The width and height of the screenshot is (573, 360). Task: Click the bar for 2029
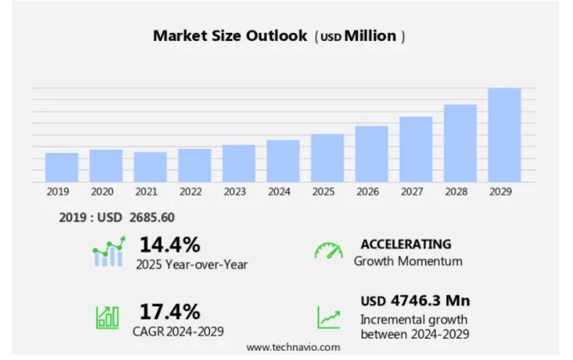(505, 135)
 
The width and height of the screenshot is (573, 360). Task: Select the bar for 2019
(62, 167)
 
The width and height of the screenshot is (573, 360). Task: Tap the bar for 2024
(283, 161)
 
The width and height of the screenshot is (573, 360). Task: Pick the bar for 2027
(416, 149)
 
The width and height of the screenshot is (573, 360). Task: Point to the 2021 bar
(150, 167)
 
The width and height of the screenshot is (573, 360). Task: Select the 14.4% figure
(169, 245)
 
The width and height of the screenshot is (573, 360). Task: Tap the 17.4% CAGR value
(169, 311)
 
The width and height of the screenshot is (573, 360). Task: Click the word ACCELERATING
(405, 244)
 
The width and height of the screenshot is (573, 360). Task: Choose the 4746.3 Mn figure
(430, 301)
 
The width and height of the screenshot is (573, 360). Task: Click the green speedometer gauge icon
(328, 251)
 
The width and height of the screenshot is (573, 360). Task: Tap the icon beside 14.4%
(109, 252)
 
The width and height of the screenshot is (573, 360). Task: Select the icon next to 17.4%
(108, 317)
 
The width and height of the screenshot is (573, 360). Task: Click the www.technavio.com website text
(293, 347)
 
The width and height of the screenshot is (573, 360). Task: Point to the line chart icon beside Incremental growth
(329, 317)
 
